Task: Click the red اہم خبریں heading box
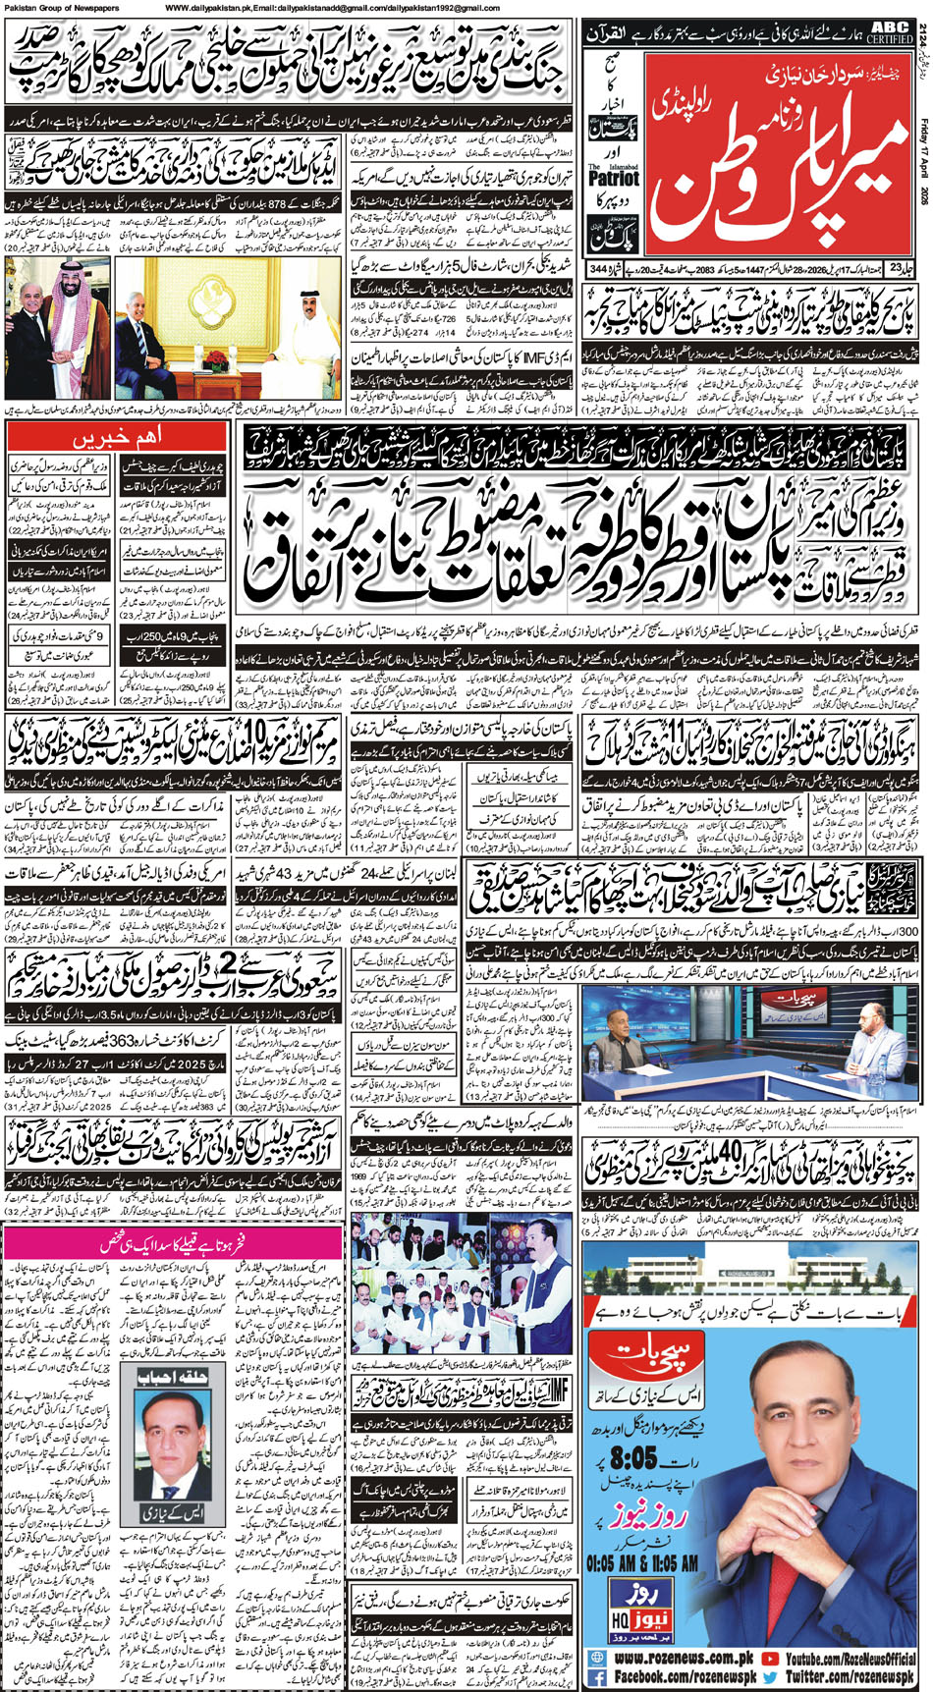[x=121, y=434]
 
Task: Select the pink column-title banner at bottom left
[x=120, y=1244]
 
